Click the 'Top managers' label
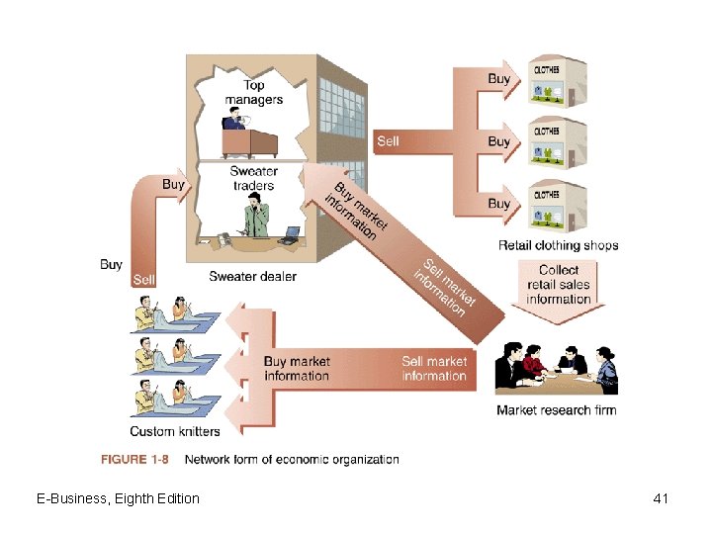point(253,92)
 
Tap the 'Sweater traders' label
point(254,178)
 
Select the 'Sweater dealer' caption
point(252,277)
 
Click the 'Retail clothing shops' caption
point(558,245)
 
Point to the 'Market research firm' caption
point(556,410)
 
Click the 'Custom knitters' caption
point(175,431)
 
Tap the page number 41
point(662,498)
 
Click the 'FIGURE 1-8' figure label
point(135,459)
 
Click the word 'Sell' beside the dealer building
point(388,141)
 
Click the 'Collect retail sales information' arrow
point(559,285)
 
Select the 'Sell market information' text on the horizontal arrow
point(434,369)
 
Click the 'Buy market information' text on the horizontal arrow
point(297,369)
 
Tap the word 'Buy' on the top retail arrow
point(499,78)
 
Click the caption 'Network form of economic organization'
point(292,459)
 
